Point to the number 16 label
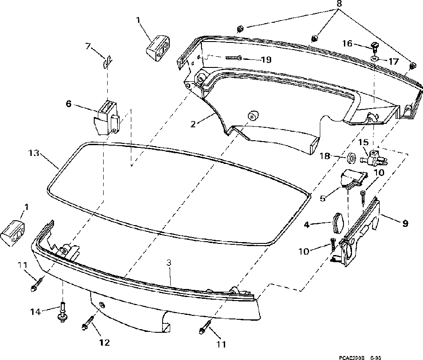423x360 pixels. pyautogui.click(x=347, y=43)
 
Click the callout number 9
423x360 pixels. pyautogui.click(x=405, y=223)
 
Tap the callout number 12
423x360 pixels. pyautogui.click(x=104, y=343)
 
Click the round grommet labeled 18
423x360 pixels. pyautogui.click(x=352, y=158)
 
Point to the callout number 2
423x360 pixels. pyautogui.click(x=193, y=124)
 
